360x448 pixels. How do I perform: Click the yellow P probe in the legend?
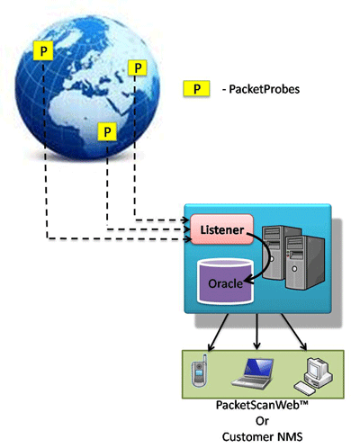click(x=196, y=88)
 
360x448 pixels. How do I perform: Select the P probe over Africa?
click(x=107, y=131)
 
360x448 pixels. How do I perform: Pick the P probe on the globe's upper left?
click(x=43, y=50)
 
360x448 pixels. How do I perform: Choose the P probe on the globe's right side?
click(x=138, y=67)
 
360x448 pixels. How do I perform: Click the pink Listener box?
click(x=222, y=229)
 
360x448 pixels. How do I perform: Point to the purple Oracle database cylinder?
click(x=225, y=282)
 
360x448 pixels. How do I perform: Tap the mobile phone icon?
click(x=200, y=372)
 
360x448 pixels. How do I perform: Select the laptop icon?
click(x=253, y=373)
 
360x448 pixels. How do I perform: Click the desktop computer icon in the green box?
click(x=313, y=375)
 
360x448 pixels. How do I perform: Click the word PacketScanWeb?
click(x=258, y=405)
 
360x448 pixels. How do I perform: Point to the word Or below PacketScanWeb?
click(x=262, y=421)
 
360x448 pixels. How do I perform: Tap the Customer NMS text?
click(x=262, y=436)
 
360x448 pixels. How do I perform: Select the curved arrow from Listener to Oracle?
click(x=270, y=257)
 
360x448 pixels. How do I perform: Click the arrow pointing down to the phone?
click(x=218, y=332)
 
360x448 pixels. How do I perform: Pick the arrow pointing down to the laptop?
click(x=256, y=331)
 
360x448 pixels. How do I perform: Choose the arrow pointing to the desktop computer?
click(x=294, y=332)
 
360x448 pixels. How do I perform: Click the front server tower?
click(x=305, y=263)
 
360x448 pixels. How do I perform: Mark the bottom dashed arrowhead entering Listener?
click(x=188, y=239)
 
